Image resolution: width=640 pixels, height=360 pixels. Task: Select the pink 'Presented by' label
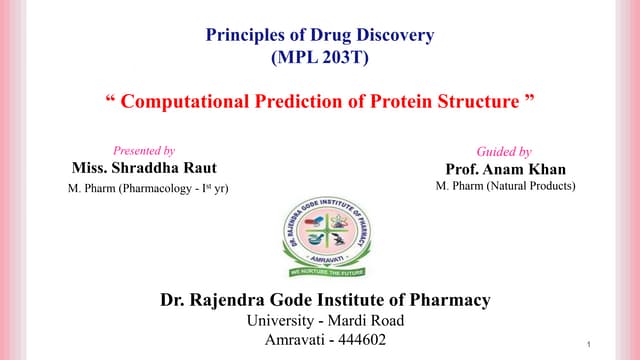(x=144, y=150)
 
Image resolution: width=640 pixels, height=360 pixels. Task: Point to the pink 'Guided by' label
(x=504, y=152)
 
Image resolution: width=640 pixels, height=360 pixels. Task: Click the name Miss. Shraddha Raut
(x=144, y=167)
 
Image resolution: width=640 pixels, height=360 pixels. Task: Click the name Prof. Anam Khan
(x=505, y=169)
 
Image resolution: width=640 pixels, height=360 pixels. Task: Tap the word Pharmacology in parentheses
(x=156, y=188)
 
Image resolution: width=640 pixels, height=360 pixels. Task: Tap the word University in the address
(x=281, y=320)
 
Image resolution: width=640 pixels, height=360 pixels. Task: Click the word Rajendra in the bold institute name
(x=227, y=299)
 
